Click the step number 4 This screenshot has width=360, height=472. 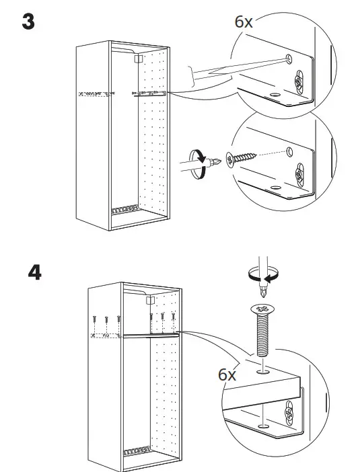point(34,274)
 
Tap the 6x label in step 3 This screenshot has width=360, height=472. point(243,22)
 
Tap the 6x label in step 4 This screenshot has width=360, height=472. point(227,375)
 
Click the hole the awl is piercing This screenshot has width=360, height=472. point(289,59)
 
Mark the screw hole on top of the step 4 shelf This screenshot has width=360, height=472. point(262,368)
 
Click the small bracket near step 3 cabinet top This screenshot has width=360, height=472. point(138,58)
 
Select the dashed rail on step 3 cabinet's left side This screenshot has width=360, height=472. point(94,94)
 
